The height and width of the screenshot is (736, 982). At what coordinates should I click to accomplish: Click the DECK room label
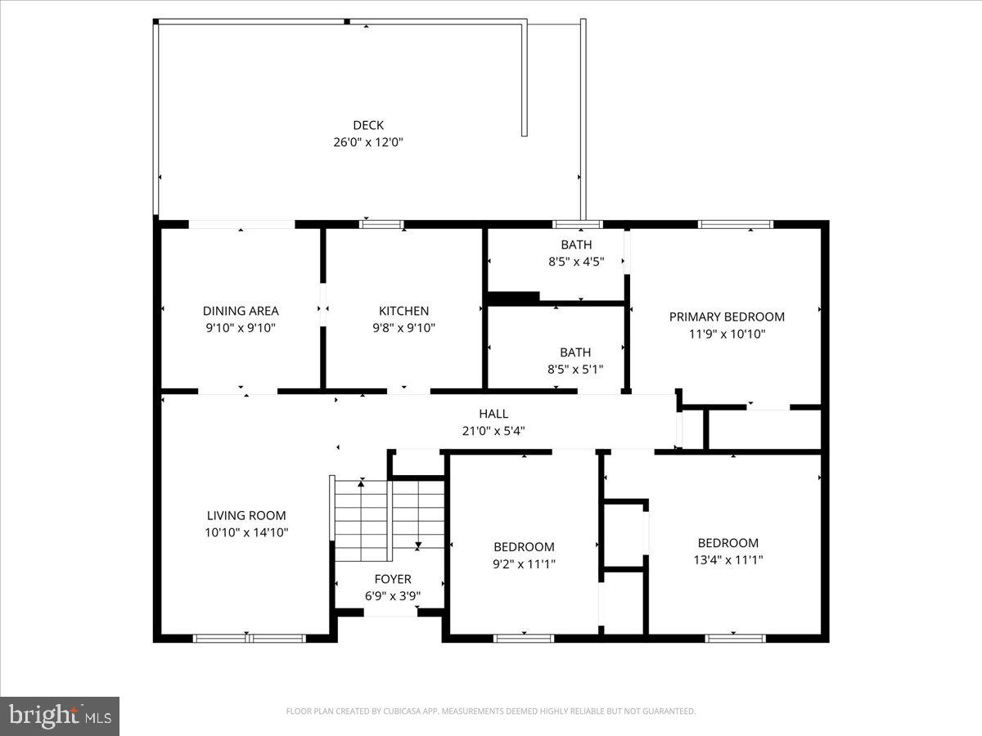368,125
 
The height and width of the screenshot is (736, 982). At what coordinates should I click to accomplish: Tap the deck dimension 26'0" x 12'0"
368,142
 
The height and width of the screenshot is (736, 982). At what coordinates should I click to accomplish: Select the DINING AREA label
241,311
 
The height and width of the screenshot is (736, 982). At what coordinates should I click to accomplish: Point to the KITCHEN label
403,311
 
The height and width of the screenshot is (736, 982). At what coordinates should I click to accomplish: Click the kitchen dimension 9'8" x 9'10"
403,328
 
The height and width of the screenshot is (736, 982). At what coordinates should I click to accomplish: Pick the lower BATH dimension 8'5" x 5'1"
575,369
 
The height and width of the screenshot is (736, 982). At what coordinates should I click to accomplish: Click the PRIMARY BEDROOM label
727,316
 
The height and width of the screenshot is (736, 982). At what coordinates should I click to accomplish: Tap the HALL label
493,414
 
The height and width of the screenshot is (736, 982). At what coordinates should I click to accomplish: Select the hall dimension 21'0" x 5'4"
493,431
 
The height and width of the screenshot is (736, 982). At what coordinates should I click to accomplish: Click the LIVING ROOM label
246,515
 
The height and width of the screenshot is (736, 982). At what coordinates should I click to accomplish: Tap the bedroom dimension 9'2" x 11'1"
524,563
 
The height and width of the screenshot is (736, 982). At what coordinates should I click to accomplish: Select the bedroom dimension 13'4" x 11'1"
727,560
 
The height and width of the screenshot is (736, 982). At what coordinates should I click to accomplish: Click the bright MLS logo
60,716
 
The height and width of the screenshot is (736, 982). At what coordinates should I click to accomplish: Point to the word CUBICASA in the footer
403,711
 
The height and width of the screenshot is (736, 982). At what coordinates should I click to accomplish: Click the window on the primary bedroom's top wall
735,224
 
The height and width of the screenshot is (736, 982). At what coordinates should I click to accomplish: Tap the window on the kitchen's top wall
381,224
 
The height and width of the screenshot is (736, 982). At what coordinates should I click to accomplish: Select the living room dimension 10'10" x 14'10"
246,532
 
